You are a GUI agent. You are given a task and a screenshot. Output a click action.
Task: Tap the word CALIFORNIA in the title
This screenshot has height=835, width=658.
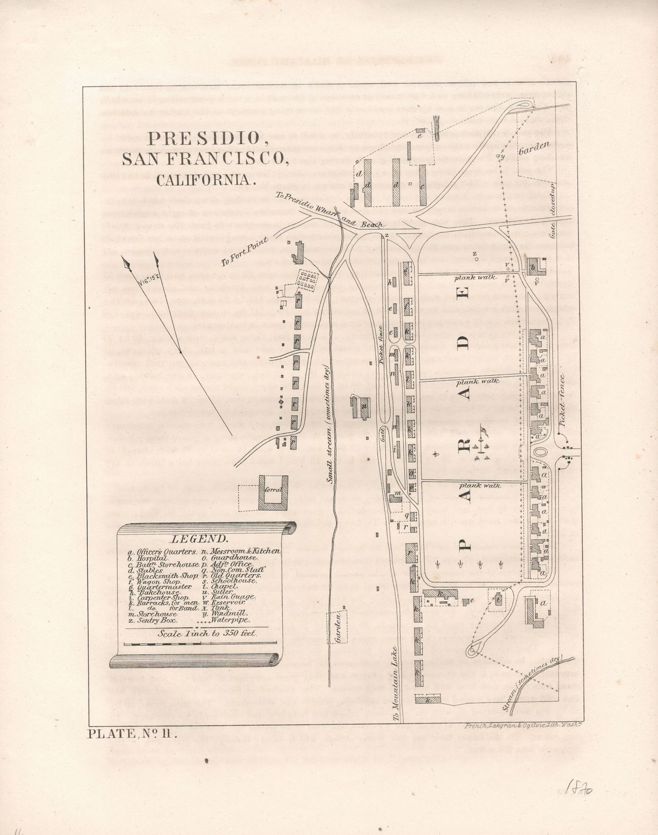pos(205,180)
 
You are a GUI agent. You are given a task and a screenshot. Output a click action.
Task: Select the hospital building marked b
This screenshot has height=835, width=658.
pos(536,266)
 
